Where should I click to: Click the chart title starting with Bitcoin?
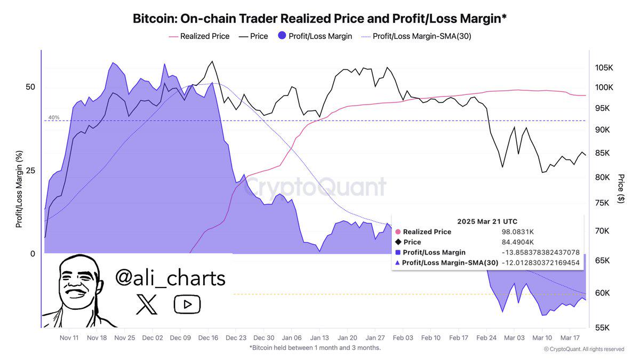(x=319, y=19)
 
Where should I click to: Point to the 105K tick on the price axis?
(x=605, y=68)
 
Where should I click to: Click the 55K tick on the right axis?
(x=603, y=327)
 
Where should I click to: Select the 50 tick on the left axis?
(x=30, y=87)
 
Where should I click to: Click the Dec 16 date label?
(x=208, y=338)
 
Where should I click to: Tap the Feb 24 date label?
(x=486, y=338)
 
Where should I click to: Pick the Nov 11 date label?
(x=69, y=338)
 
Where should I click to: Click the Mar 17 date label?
(x=570, y=338)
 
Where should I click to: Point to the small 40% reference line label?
(x=54, y=117)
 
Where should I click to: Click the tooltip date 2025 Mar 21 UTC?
(x=487, y=221)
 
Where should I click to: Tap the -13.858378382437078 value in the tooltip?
(x=540, y=252)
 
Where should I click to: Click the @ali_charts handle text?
(x=170, y=278)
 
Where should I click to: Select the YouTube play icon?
(x=187, y=305)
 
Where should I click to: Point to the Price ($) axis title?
(x=620, y=188)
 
